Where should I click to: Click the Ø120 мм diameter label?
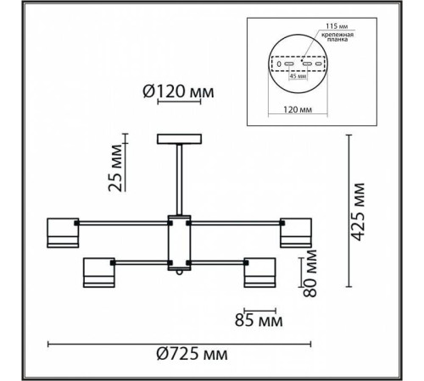click(x=178, y=91)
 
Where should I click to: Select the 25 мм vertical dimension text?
click(x=119, y=169)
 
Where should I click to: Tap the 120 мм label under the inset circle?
click(x=295, y=109)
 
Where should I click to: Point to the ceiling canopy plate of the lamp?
click(x=179, y=139)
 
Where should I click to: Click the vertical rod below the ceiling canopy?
click(x=179, y=178)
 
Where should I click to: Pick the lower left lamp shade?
click(x=98, y=273)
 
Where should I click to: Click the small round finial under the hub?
click(x=179, y=275)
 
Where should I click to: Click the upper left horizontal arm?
click(x=123, y=224)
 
